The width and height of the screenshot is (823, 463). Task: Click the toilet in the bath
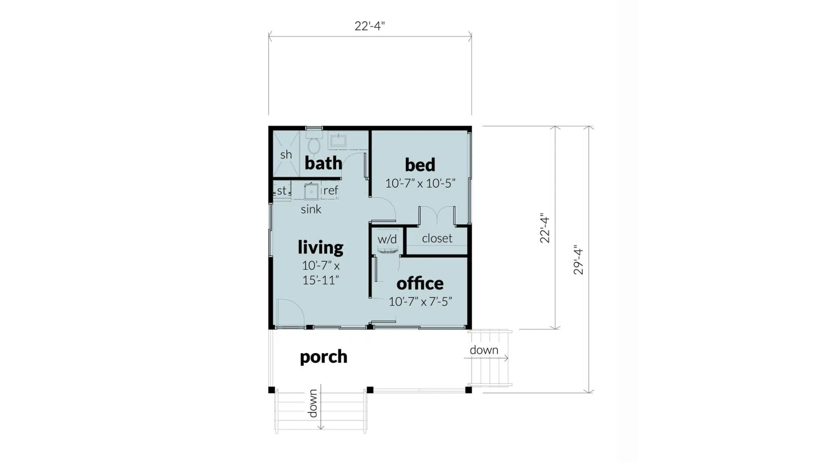click(x=314, y=146)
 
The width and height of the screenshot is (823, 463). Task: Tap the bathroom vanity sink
click(x=338, y=140)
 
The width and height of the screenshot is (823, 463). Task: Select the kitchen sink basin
click(x=311, y=191)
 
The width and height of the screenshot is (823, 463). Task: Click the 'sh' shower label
click(x=286, y=154)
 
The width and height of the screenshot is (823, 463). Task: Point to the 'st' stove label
click(x=282, y=190)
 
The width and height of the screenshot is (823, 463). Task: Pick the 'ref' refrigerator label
click(x=330, y=190)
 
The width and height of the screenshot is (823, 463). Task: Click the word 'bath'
click(x=323, y=163)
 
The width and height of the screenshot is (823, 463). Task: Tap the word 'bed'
click(x=420, y=165)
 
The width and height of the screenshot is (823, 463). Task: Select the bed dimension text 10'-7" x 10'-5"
click(x=420, y=183)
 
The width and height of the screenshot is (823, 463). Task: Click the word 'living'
click(x=321, y=247)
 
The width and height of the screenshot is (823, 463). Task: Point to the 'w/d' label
click(x=387, y=239)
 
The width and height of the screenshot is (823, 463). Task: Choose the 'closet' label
click(x=437, y=238)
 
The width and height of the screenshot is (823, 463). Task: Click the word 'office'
click(x=420, y=283)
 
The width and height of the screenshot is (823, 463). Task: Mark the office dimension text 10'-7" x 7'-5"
click(x=420, y=302)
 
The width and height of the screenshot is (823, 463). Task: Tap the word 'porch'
click(x=323, y=357)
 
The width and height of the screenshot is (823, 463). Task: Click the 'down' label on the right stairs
click(x=484, y=350)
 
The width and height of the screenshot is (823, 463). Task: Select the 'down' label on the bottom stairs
click(x=313, y=403)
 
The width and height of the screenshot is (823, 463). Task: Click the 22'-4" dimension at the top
click(x=369, y=26)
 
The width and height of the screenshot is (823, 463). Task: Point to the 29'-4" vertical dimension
click(x=579, y=260)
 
